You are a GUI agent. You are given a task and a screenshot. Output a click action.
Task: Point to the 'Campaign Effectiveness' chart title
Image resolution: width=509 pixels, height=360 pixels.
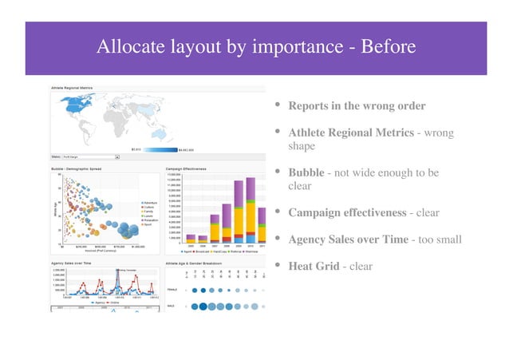[186, 169]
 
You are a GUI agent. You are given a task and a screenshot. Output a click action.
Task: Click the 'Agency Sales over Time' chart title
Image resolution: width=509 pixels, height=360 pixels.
[74, 261]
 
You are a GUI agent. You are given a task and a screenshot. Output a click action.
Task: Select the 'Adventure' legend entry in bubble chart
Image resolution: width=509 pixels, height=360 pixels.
[150, 203]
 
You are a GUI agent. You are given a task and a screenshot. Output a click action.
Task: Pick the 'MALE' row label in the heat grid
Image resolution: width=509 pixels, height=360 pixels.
[171, 306]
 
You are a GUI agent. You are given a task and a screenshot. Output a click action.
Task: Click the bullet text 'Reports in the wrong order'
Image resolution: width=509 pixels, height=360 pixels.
[357, 106]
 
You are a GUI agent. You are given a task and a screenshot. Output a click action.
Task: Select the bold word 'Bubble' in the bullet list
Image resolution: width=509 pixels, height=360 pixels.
[306, 172]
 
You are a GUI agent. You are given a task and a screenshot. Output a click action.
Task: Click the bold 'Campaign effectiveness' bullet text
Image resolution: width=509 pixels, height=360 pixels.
[346, 213]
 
